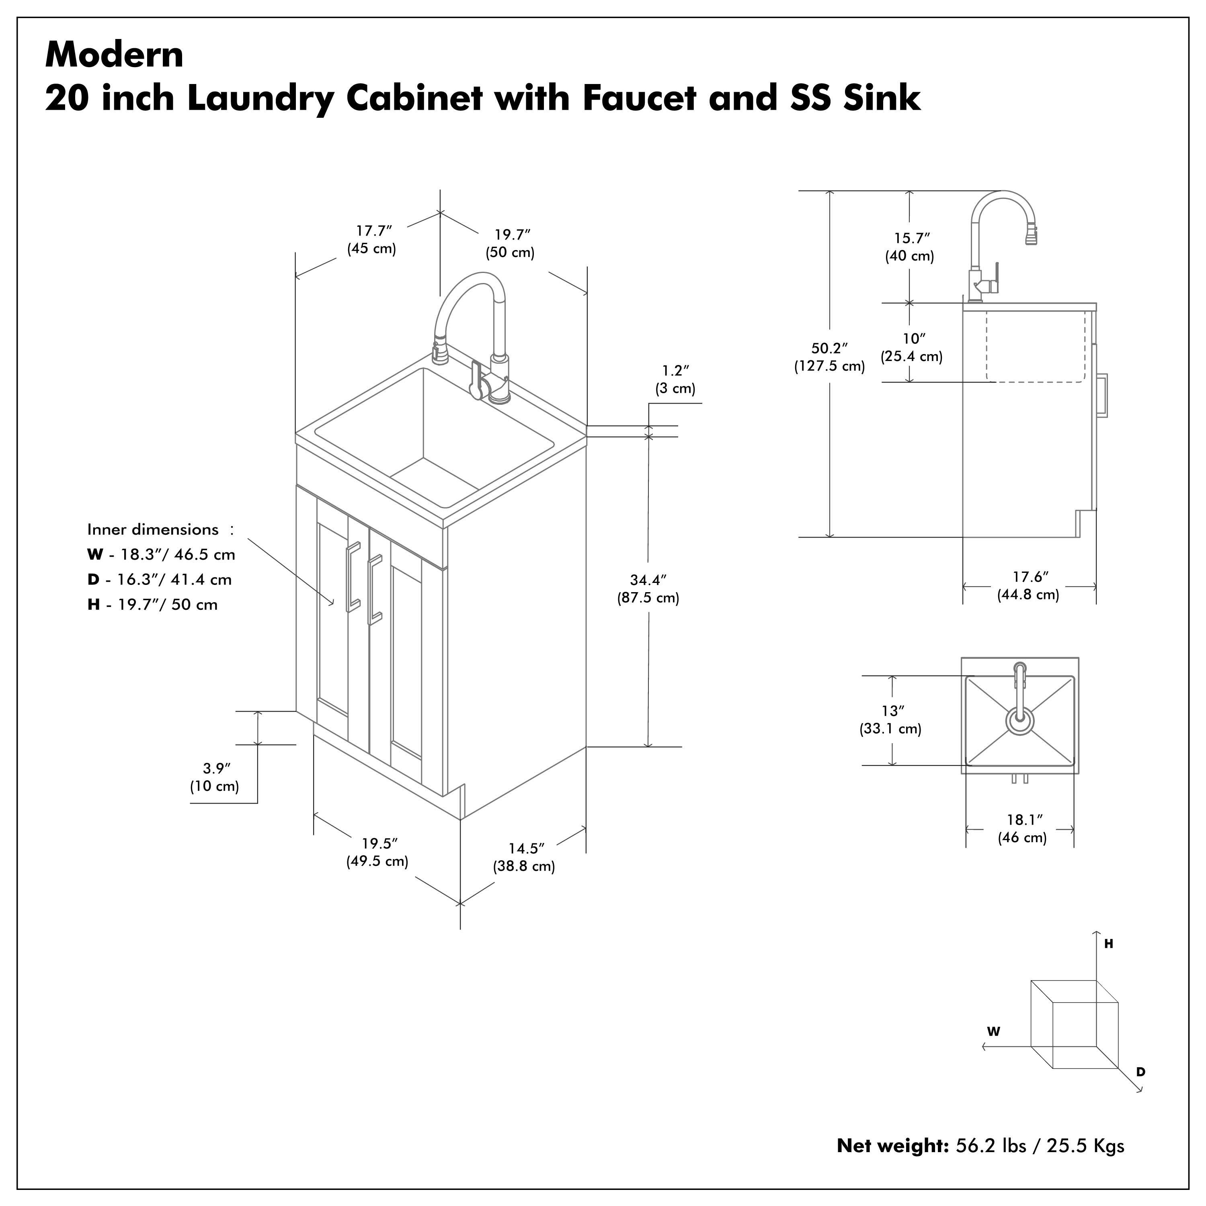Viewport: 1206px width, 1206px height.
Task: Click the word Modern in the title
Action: [114, 55]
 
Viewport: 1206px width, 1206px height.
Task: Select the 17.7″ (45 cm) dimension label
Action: [371, 240]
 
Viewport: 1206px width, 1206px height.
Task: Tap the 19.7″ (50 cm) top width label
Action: [510, 244]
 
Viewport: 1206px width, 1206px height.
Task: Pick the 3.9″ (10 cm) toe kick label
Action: [214, 777]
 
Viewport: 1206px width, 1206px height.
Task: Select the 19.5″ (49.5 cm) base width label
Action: [377, 852]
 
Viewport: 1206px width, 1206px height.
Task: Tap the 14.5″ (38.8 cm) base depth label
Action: [524, 857]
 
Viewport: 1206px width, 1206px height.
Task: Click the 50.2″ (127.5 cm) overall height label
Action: [829, 357]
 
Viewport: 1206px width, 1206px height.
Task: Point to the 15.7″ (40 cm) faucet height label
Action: [909, 246]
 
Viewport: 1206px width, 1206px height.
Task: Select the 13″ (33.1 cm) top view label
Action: [891, 719]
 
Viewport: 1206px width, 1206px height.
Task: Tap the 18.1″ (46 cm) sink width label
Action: [1022, 829]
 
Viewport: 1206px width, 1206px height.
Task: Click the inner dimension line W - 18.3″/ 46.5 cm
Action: [161, 554]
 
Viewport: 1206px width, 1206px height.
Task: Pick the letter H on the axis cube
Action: [1109, 944]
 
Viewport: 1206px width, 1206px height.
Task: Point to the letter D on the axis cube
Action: [1140, 1072]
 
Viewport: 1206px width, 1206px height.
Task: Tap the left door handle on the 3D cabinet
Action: [353, 575]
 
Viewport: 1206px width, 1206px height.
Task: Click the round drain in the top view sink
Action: [1019, 721]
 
